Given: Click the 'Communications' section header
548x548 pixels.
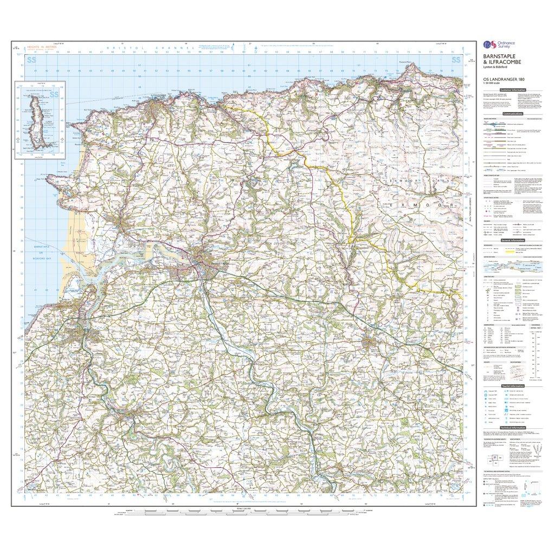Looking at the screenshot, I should pyautogui.click(x=513, y=114).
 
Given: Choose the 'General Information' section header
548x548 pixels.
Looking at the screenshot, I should pyautogui.click(x=513, y=240).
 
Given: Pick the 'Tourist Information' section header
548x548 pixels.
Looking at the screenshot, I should pyautogui.click(x=513, y=385).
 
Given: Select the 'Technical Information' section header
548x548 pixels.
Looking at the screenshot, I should pyautogui.click(x=513, y=428).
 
